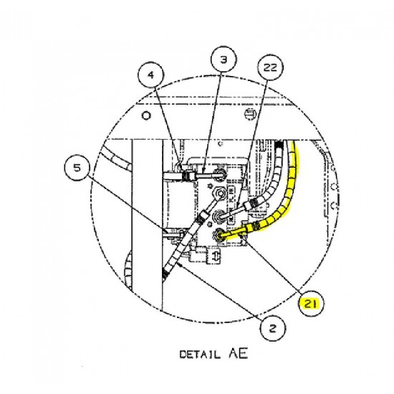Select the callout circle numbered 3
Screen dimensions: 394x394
pyautogui.click(x=223, y=61)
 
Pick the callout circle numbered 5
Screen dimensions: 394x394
pyautogui.click(x=77, y=170)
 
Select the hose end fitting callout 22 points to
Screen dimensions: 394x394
pyautogui.click(x=251, y=204)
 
